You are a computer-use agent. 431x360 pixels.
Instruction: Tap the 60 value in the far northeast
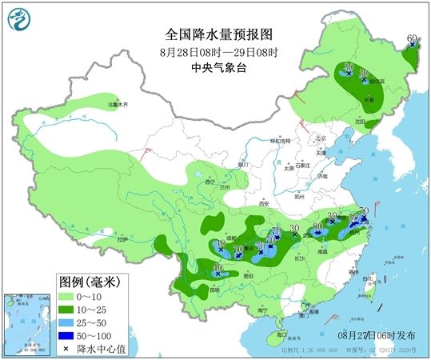pyautogui.click(x=412, y=38)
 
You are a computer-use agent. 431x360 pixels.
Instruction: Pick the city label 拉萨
pyautogui.click(x=122, y=239)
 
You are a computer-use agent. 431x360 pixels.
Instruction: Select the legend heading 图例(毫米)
pyautogui.click(x=89, y=282)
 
